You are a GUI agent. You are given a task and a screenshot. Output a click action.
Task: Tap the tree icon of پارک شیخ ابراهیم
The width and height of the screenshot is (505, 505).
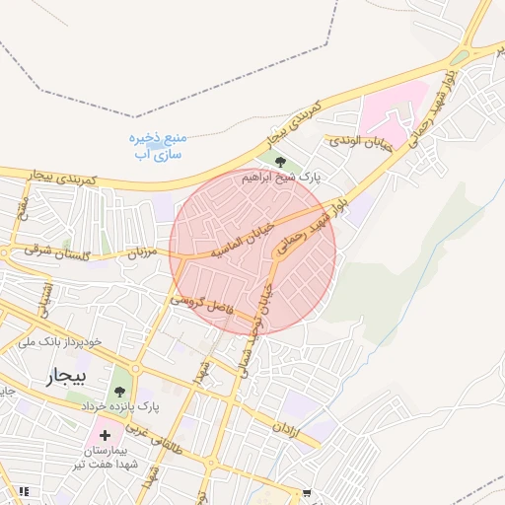pyautogui.click(x=281, y=161)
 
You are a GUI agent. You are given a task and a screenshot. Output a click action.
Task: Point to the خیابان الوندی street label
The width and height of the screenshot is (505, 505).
pyautogui.click(x=360, y=144)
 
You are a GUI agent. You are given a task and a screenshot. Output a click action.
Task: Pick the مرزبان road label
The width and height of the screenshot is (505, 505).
pyautogui.click(x=142, y=253)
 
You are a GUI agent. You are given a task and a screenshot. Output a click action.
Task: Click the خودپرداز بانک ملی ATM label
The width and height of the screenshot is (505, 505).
pyautogui.click(x=60, y=341)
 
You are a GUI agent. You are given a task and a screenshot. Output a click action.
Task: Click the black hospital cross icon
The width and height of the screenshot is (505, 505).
pyautogui.click(x=105, y=435)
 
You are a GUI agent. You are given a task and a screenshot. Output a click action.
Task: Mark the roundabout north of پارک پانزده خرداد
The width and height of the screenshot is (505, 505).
pyautogui.click(x=136, y=368)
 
